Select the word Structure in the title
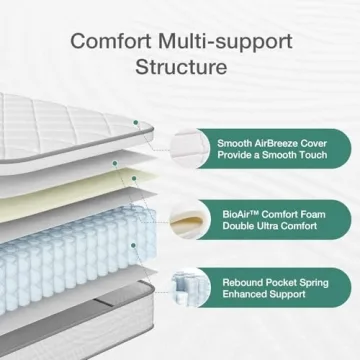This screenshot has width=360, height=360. point(180,69)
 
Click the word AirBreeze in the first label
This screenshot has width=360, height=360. point(277,143)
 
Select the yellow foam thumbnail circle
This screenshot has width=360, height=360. point(186,219)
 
